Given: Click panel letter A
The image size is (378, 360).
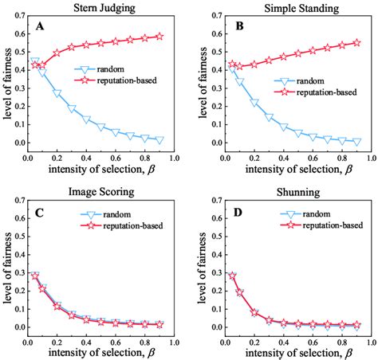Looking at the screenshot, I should coord(38,27).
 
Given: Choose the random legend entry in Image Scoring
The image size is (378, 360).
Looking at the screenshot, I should coord(136,214).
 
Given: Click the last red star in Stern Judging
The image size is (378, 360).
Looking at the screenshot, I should coord(160,37).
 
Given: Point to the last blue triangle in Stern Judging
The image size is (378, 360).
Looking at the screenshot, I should coord(160,140).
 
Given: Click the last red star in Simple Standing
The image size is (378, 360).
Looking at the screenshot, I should coord(356,43).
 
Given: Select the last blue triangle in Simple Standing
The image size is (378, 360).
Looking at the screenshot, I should coord(356,142).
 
